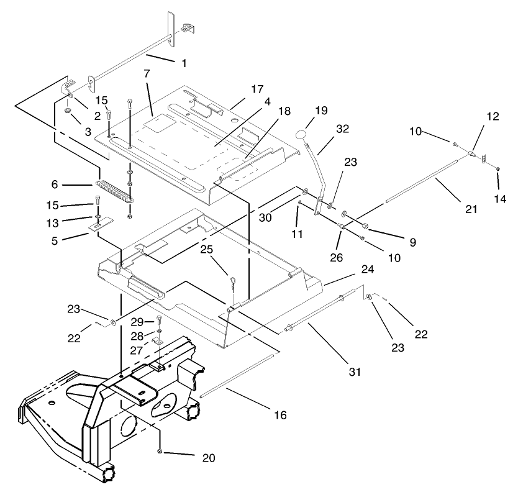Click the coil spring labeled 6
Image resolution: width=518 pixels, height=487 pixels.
115,189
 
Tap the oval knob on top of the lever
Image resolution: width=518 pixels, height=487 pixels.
301,135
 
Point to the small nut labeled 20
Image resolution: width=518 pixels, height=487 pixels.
161,450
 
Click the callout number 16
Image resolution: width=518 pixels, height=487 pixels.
281,414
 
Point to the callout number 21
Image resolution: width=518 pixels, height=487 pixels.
472,209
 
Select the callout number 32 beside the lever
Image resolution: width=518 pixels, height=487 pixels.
342,129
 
